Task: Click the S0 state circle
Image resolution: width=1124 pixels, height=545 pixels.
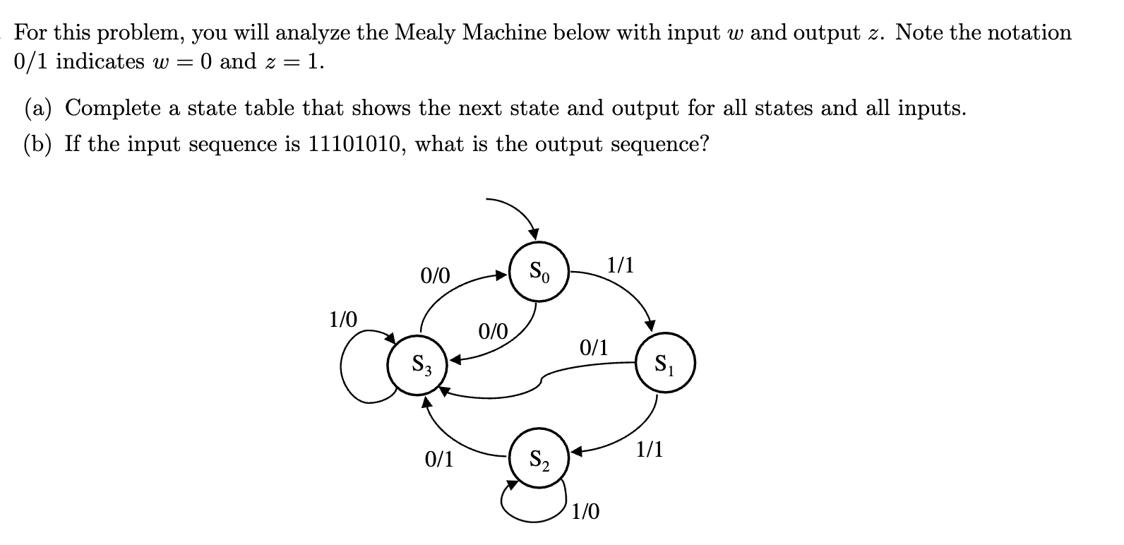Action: tap(539, 270)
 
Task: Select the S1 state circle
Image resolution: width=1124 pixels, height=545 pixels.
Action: tap(665, 364)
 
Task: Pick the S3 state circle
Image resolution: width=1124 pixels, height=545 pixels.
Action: tap(417, 364)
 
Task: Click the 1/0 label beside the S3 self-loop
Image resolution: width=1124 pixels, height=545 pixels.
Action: tap(343, 320)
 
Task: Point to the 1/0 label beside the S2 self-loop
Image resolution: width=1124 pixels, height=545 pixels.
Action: tap(585, 511)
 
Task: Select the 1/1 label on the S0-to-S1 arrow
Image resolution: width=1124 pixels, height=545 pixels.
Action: tap(621, 265)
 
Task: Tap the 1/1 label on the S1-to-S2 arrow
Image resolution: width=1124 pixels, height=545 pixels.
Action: tap(649, 449)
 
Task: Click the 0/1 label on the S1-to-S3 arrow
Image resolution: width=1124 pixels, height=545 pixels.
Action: tap(593, 347)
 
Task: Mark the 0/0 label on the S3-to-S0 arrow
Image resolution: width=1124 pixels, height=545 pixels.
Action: tap(435, 275)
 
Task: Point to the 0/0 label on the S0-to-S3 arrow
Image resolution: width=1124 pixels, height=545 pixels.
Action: tap(493, 330)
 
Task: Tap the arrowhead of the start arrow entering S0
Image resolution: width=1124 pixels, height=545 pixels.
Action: tap(534, 233)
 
